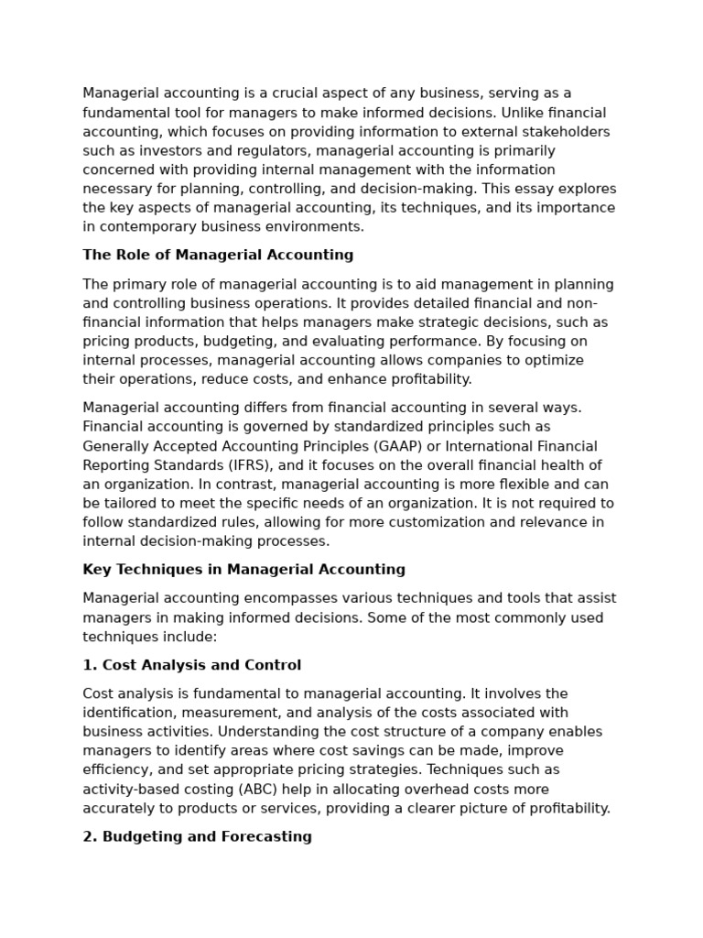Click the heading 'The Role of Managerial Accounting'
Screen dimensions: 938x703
pos(218,256)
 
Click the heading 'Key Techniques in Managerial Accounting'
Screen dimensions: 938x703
pos(243,570)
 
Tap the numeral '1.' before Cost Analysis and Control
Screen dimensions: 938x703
pos(90,665)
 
